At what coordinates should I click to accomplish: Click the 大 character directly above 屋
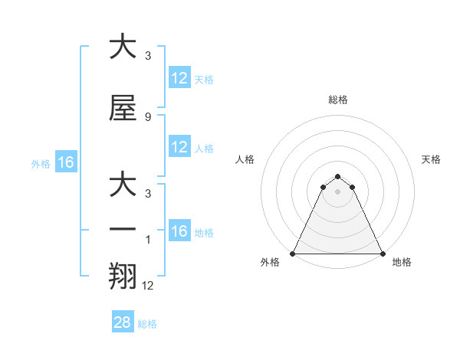pyautogui.click(x=123, y=47)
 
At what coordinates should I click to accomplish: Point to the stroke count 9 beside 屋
pyautogui.click(x=147, y=116)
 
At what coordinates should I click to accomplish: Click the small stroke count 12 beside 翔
pyautogui.click(x=148, y=285)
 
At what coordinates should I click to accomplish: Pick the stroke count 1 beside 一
pyautogui.click(x=149, y=239)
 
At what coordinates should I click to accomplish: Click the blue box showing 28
pyautogui.click(x=123, y=322)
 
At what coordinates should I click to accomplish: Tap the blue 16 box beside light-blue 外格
pyautogui.click(x=65, y=162)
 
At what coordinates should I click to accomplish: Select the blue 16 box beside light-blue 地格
pyautogui.click(x=179, y=232)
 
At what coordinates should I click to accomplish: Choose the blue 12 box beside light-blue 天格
pyautogui.click(x=179, y=78)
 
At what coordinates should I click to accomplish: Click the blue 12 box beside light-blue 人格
pyautogui.click(x=179, y=148)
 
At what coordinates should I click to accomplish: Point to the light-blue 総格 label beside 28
pyautogui.click(x=147, y=324)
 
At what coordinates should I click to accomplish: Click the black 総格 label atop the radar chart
pyautogui.click(x=337, y=100)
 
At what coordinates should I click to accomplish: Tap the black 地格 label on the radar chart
pyautogui.click(x=402, y=262)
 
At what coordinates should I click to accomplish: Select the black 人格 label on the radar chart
pyautogui.click(x=245, y=159)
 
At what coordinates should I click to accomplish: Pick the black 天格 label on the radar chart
pyautogui.click(x=431, y=159)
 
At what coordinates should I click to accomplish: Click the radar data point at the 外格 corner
pyautogui.click(x=293, y=254)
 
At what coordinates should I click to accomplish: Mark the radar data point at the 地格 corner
pyautogui.click(x=382, y=254)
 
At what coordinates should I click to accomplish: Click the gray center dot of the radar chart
pyautogui.click(x=337, y=191)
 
